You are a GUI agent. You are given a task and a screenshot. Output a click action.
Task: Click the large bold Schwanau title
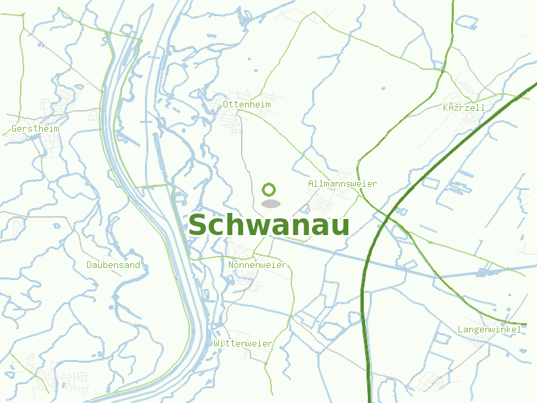coord(268,226)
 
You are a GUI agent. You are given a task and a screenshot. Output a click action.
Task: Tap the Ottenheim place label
coord(247,105)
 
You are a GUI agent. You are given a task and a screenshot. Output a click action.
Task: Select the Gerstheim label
coord(36,128)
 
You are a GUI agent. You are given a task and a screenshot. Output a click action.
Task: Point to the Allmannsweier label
coord(342,183)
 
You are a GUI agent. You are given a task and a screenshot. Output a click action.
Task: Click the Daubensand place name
coord(113,265)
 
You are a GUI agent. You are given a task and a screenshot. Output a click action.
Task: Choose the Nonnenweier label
coord(257,265)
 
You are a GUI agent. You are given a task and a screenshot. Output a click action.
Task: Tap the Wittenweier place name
coord(243,343)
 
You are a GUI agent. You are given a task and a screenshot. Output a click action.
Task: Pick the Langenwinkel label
coord(489,329)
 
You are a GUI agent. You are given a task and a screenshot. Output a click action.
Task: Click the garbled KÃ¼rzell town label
coord(463,107)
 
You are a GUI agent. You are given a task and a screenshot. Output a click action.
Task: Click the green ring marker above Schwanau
coord(269,190)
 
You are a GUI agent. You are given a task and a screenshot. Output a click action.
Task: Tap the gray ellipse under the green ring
coord(270,204)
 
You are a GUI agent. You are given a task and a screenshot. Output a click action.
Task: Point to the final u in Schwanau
coord(340,227)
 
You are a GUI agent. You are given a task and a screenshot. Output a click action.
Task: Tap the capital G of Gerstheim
coord(14,128)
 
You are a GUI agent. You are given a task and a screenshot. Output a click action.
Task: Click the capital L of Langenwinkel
coord(460,329)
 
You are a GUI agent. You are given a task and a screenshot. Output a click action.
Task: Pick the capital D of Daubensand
coord(89,265)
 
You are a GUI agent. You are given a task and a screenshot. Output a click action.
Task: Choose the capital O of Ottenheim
coord(226,105)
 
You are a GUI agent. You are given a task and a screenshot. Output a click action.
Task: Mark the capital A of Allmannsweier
coord(311,183)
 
